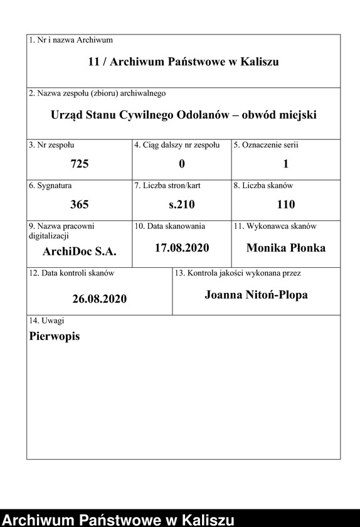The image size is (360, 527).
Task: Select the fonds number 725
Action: click(x=80, y=164)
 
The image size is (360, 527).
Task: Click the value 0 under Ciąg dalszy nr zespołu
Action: click(x=182, y=164)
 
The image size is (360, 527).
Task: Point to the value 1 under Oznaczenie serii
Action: click(x=286, y=164)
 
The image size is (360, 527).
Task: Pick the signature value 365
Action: click(x=80, y=204)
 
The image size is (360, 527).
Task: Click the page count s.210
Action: click(x=182, y=204)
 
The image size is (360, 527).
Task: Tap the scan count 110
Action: click(x=286, y=204)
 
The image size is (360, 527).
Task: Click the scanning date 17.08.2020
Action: click(x=182, y=248)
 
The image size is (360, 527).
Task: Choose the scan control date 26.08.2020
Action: click(x=99, y=299)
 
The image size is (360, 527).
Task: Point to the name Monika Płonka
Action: click(x=286, y=248)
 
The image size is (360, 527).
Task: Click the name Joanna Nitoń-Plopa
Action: click(x=256, y=294)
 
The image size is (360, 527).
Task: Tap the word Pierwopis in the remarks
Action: click(x=55, y=336)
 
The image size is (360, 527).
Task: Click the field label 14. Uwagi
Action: click(x=46, y=321)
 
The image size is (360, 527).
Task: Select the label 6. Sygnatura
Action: click(x=50, y=186)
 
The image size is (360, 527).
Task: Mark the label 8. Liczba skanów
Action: click(x=263, y=186)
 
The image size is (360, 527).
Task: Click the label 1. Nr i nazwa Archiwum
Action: click(x=71, y=40)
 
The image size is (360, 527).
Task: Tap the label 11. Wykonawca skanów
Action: click(x=275, y=226)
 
